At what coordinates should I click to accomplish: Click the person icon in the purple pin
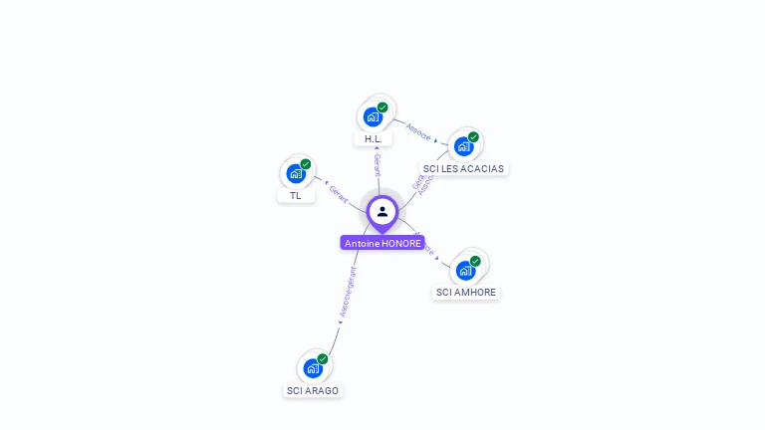point(382,211)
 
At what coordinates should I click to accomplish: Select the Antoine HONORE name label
point(382,243)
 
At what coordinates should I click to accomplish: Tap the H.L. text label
point(374,139)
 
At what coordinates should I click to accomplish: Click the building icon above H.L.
point(373,116)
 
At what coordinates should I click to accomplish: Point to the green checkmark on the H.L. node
point(382,107)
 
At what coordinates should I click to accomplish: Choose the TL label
point(296,195)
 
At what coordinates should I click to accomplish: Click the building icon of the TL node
point(296,173)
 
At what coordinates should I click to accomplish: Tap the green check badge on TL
point(306,164)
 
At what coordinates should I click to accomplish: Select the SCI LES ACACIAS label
point(463,168)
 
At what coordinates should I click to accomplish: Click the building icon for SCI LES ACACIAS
point(463,146)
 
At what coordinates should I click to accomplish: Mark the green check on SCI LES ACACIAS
point(473,137)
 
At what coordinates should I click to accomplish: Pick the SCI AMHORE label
point(466,293)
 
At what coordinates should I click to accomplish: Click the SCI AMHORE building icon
point(465,270)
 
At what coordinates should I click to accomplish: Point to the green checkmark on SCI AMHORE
point(475,261)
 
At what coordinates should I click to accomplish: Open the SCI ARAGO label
point(313,390)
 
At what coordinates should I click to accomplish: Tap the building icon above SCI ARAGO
point(313,368)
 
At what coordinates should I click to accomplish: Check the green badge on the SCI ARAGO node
point(323,358)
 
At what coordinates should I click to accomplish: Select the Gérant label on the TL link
point(338,195)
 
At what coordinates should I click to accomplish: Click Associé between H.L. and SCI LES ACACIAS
point(419,132)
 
